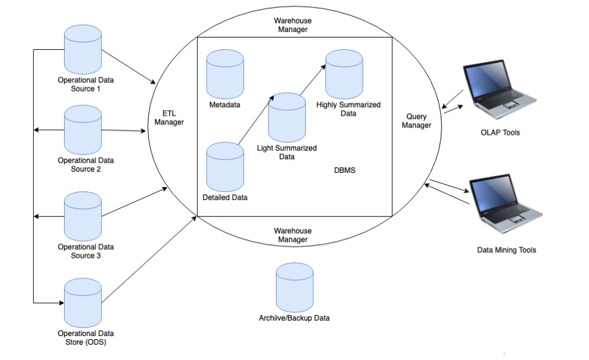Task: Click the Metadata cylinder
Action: tap(225, 74)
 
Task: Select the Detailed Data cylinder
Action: tap(225, 167)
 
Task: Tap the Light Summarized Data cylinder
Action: tap(287, 118)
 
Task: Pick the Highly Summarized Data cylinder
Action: tap(344, 74)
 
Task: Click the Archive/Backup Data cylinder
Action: tap(294, 287)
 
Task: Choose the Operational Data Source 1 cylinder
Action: tap(82, 50)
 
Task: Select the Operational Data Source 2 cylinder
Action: tap(82, 130)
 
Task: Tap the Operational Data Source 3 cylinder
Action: tap(82, 217)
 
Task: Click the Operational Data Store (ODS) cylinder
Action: tap(82, 303)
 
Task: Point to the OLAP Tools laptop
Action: tap(500, 89)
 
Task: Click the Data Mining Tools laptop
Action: tap(506, 204)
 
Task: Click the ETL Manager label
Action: tap(169, 118)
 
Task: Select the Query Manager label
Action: tap(416, 121)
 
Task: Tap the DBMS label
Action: tap(345, 170)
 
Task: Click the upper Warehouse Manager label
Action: tap(292, 25)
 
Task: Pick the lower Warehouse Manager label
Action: tap(292, 235)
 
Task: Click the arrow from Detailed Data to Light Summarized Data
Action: tap(256, 120)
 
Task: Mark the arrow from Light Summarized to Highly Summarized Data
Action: tap(313, 80)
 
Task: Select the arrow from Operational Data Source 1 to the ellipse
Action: tap(129, 67)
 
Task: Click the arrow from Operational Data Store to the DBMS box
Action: tap(149, 259)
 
